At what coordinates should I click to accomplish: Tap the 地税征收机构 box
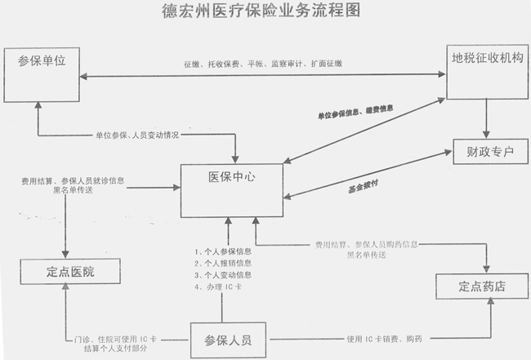(x=486, y=70)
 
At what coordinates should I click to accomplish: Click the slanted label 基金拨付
(x=364, y=186)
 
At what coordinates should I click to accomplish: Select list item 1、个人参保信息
(x=223, y=251)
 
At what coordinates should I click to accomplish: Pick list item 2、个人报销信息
(x=223, y=264)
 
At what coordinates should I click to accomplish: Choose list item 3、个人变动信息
(x=223, y=276)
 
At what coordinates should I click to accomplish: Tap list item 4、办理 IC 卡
(x=219, y=288)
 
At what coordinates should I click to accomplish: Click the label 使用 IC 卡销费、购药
(x=386, y=339)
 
